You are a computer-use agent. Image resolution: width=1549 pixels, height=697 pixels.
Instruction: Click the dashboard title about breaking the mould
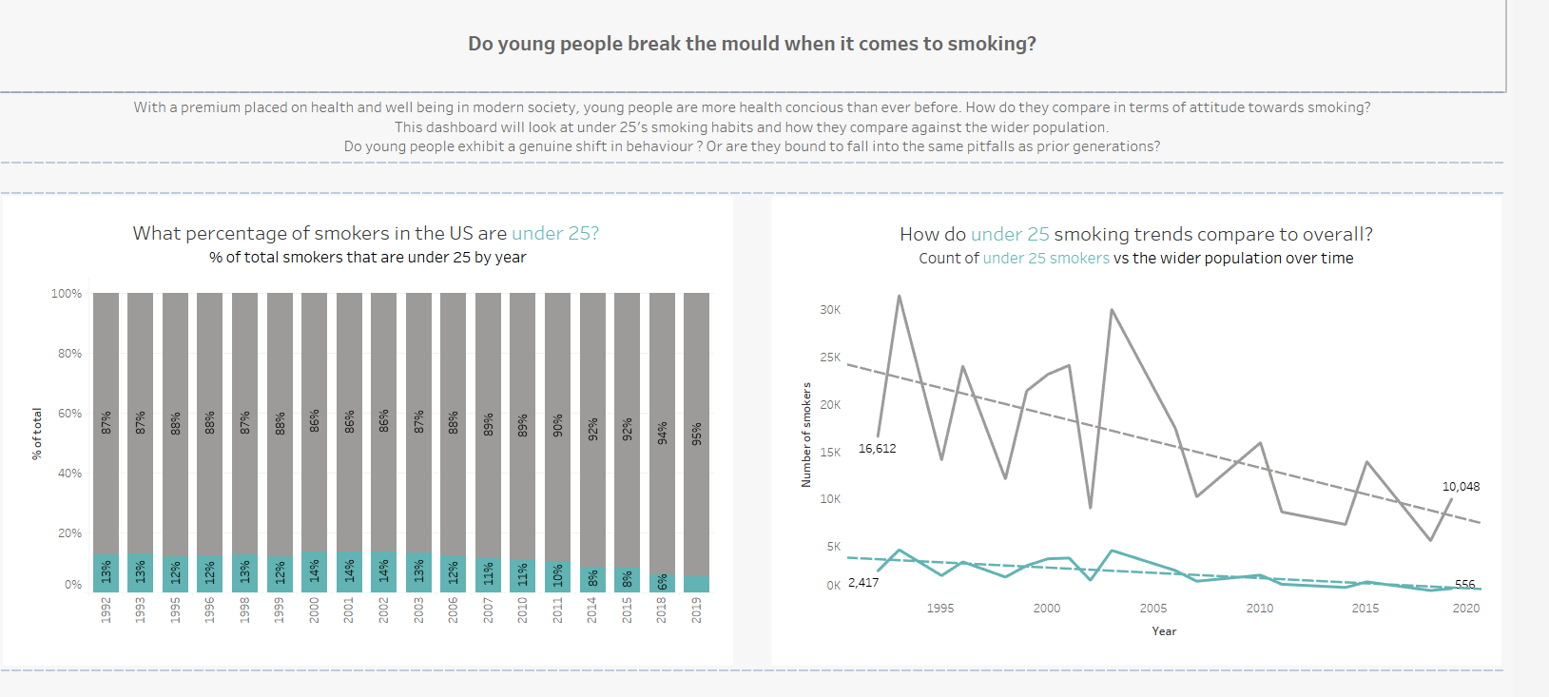pos(751,44)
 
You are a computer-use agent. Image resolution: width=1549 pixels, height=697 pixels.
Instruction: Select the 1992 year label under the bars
pos(106,609)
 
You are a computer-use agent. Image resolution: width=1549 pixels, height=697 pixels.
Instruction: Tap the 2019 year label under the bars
pos(696,609)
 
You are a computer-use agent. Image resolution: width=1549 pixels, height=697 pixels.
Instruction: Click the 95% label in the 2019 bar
pos(696,434)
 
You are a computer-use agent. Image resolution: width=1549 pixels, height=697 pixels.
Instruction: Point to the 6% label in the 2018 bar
pos(662,583)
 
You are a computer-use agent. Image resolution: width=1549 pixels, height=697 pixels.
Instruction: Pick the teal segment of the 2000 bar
pos(314,571)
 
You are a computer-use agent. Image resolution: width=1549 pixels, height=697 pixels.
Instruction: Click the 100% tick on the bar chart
pos(67,294)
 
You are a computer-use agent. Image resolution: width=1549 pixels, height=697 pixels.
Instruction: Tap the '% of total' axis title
pos(37,434)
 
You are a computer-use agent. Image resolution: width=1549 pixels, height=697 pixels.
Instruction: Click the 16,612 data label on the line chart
pos(877,449)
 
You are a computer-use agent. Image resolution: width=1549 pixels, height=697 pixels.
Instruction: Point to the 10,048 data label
pos(1461,487)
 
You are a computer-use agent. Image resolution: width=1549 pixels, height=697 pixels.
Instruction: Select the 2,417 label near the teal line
pos(863,583)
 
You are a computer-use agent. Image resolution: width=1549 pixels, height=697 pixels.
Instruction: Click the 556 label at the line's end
pos(1464,585)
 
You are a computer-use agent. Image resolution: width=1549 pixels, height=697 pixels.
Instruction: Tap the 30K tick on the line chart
pos(830,310)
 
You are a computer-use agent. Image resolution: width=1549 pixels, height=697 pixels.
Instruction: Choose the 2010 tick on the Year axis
pos(1260,609)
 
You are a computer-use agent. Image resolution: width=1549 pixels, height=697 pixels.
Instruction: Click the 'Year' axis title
pos(1164,631)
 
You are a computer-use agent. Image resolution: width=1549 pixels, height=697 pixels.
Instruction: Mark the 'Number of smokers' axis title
pos(806,435)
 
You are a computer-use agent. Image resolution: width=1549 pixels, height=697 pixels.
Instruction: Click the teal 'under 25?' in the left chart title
pos(555,233)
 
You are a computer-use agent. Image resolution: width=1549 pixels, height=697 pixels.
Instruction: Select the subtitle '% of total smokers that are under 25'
pos(367,258)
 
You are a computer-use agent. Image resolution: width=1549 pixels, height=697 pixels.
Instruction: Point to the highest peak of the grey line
pos(899,296)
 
